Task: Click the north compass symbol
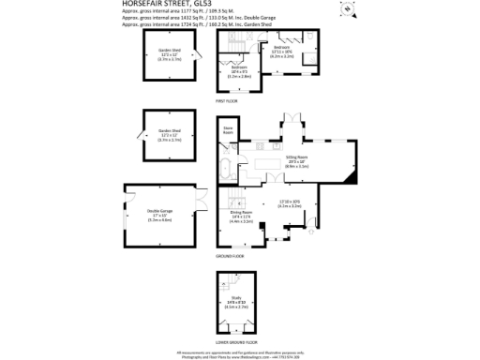345,10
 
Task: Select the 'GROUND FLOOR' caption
232,256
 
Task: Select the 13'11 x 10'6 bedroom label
282,52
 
